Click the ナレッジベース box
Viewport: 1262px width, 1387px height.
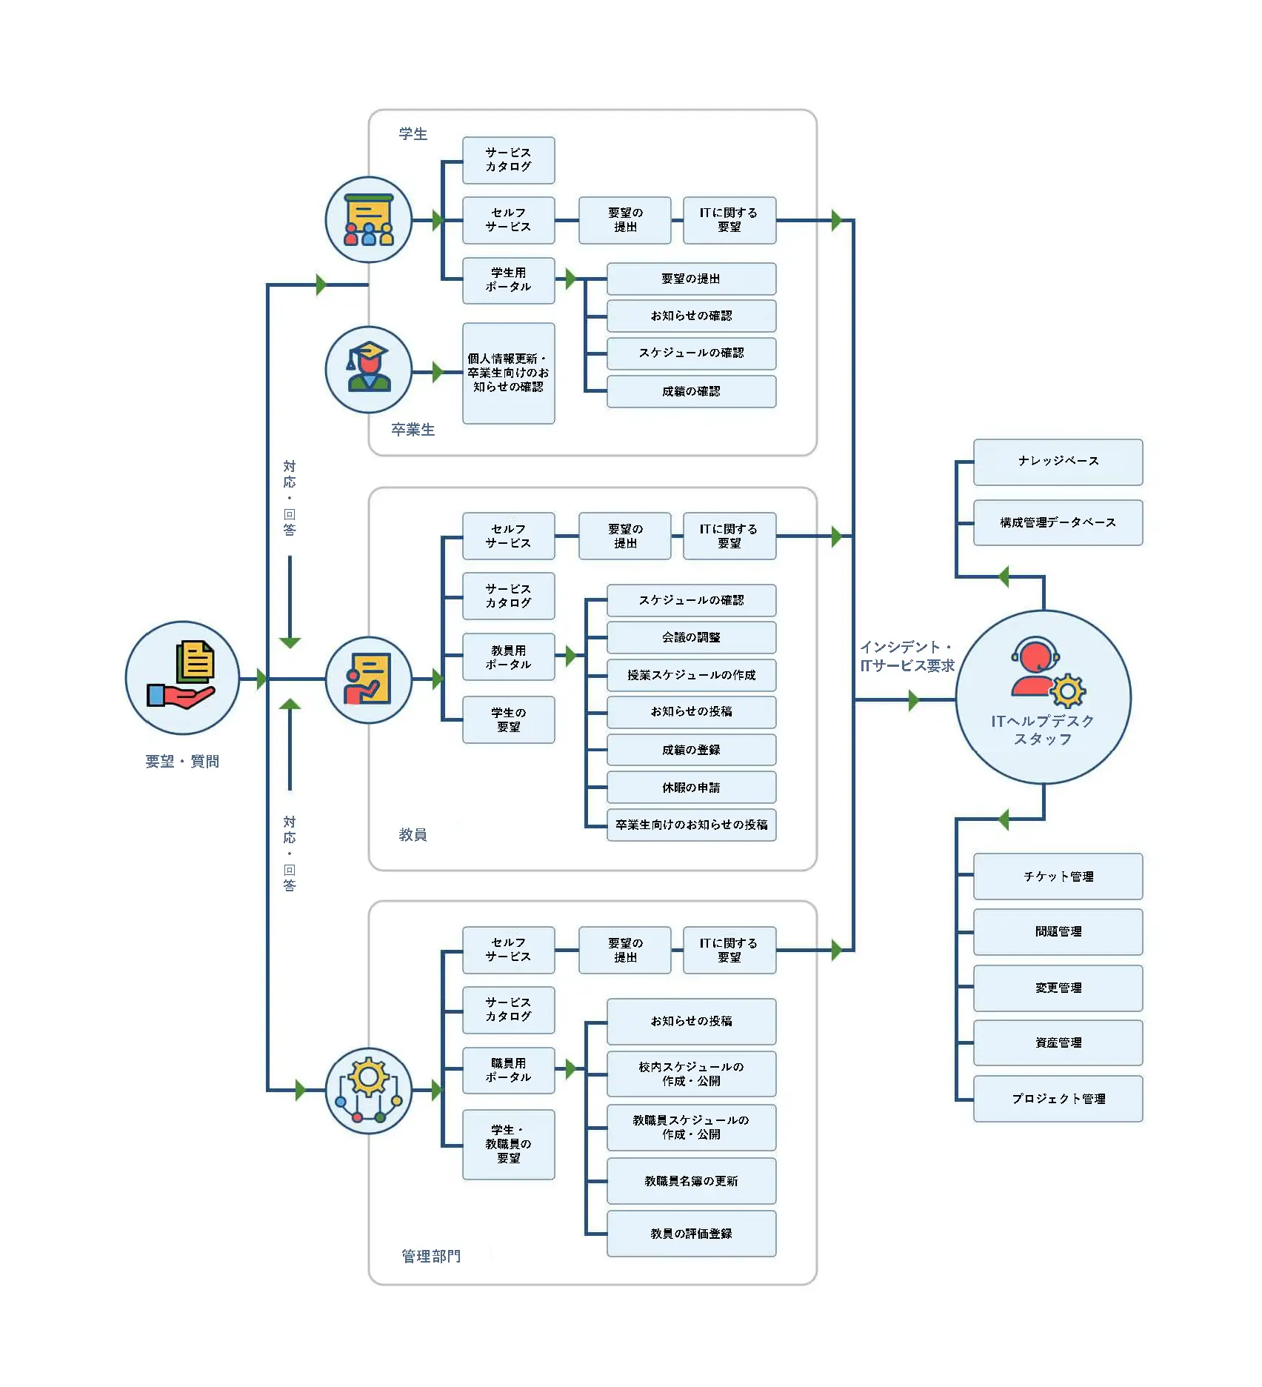pos(1058,462)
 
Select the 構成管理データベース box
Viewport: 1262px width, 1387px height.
pos(1058,522)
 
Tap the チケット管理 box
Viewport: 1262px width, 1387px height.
pos(1058,877)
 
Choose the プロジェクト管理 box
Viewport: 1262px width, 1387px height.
pos(1058,1099)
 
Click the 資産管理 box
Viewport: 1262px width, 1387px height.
pos(1058,1042)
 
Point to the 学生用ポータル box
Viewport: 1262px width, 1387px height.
pos(509,280)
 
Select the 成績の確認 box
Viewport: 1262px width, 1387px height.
pos(691,391)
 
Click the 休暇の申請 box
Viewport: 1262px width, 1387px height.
pos(691,788)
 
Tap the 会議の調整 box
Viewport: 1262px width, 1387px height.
pos(691,637)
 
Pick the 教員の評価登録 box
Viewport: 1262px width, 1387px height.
pos(691,1234)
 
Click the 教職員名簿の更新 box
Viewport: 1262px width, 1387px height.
pos(691,1181)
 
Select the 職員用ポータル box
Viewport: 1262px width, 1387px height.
pos(509,1071)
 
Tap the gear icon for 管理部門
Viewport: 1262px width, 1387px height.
pos(368,1089)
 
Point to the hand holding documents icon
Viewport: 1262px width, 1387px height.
pos(181,676)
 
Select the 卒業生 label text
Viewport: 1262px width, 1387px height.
pos(413,430)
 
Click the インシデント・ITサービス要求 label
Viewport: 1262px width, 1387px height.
pos(907,656)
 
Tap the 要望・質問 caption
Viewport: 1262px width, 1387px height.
pos(182,762)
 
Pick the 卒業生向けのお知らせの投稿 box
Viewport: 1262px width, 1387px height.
pos(691,825)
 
